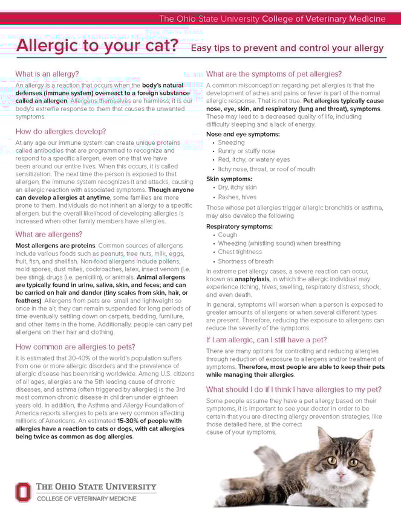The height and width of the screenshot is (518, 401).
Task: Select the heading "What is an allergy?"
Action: pyautogui.click(x=47, y=74)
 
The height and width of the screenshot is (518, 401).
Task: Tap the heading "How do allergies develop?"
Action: pyautogui.click(x=60, y=131)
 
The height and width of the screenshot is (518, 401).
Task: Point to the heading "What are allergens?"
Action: pyautogui.click(x=48, y=234)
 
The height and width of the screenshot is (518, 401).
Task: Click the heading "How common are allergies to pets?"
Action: pyautogui.click(x=75, y=347)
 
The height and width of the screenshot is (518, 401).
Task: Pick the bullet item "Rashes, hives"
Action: pyautogui.click(x=237, y=197)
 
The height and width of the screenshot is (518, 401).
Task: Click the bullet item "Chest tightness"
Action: pyautogui.click(x=240, y=252)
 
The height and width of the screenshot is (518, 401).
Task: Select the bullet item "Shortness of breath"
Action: pyautogui.click(x=246, y=261)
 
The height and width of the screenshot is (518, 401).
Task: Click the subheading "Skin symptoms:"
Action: pyautogui.click(x=229, y=179)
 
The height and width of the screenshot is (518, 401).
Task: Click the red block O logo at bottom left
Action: pyautogui.click(x=22, y=491)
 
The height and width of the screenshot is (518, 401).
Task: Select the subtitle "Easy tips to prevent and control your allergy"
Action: pyautogui.click(x=287, y=48)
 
